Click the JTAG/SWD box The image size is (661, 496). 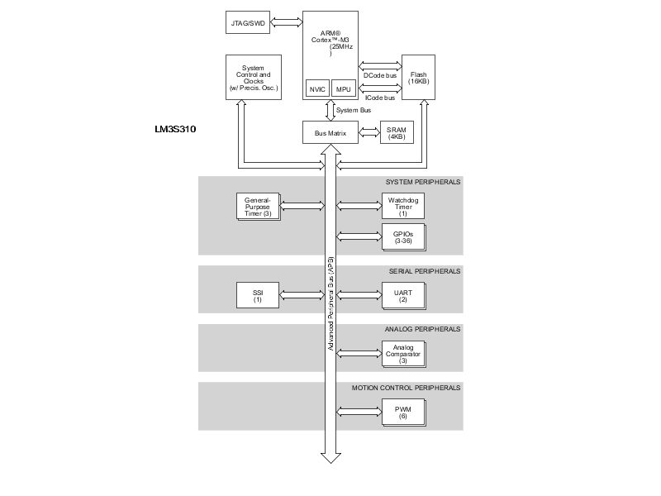click(245, 21)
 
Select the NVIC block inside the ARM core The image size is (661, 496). click(316, 88)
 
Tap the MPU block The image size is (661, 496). click(343, 88)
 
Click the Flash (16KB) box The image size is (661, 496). click(418, 78)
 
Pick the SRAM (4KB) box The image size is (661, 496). click(396, 132)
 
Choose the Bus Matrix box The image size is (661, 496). click(330, 132)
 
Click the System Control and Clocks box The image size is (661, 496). click(253, 78)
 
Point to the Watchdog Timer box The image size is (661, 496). click(402, 206)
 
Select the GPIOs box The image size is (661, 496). click(402, 236)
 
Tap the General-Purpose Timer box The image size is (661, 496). click(258, 206)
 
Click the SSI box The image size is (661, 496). click(258, 294)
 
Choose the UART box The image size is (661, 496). click(402, 294)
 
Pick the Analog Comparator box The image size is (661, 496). click(402, 353)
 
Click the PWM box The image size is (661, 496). click(402, 411)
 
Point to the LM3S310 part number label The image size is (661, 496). click(174, 130)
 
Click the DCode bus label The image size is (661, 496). click(379, 76)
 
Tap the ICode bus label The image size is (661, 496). click(379, 98)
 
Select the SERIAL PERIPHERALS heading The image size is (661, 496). click(424, 271)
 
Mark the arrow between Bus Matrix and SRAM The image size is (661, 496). click(368, 132)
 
